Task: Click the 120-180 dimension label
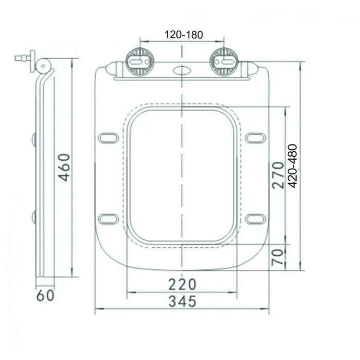(184, 34)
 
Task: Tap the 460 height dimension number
(64, 167)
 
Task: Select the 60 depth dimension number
(45, 295)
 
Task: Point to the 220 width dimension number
(182, 284)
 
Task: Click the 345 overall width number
(183, 301)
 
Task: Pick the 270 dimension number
(278, 175)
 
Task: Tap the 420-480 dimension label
(292, 166)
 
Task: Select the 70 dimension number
(278, 257)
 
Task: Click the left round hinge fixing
(139, 62)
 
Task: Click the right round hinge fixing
(224, 62)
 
